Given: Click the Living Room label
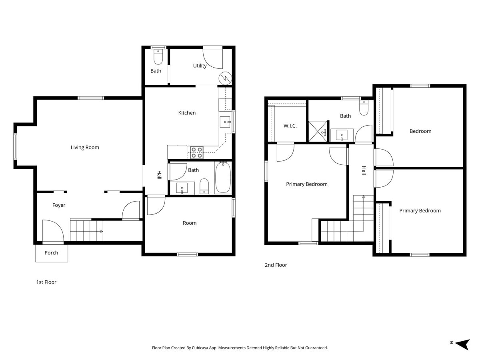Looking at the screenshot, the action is click(x=85, y=148).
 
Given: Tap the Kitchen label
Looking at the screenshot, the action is click(x=187, y=113).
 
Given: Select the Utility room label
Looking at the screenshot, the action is click(x=200, y=66).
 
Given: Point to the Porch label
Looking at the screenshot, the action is click(x=51, y=253).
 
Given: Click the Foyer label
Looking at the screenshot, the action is click(x=59, y=205).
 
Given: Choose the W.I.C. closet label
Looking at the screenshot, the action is click(x=290, y=126).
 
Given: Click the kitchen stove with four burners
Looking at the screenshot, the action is click(x=196, y=152).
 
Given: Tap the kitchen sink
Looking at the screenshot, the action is click(x=225, y=122).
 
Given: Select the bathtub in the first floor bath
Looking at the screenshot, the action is click(x=223, y=178).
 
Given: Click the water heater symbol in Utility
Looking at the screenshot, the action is click(x=225, y=78).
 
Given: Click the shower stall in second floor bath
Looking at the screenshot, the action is click(x=318, y=132).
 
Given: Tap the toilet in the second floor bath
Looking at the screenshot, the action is click(x=364, y=108).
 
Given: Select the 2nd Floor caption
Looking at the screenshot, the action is click(x=276, y=265).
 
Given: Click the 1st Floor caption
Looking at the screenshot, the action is click(x=46, y=282).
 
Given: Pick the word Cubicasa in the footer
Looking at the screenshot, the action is click(x=200, y=348).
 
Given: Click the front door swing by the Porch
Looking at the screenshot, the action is click(x=53, y=231).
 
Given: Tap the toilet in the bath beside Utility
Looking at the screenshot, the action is click(x=158, y=57).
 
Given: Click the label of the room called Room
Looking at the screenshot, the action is click(x=190, y=223).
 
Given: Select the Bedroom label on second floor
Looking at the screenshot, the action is click(x=420, y=131).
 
